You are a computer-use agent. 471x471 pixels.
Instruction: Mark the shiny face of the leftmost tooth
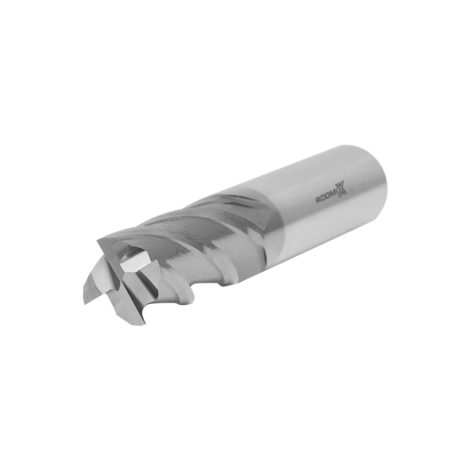94,283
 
